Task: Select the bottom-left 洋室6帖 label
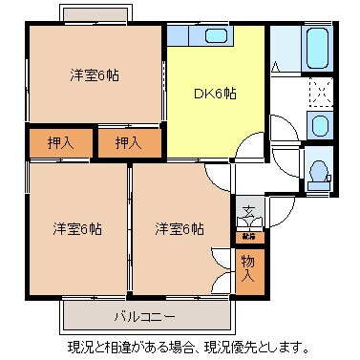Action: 75,228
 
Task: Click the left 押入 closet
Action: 59,143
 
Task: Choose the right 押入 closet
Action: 128,143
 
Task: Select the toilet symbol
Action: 318,171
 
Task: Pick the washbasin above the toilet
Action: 319,124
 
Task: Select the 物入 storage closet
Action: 247,266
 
